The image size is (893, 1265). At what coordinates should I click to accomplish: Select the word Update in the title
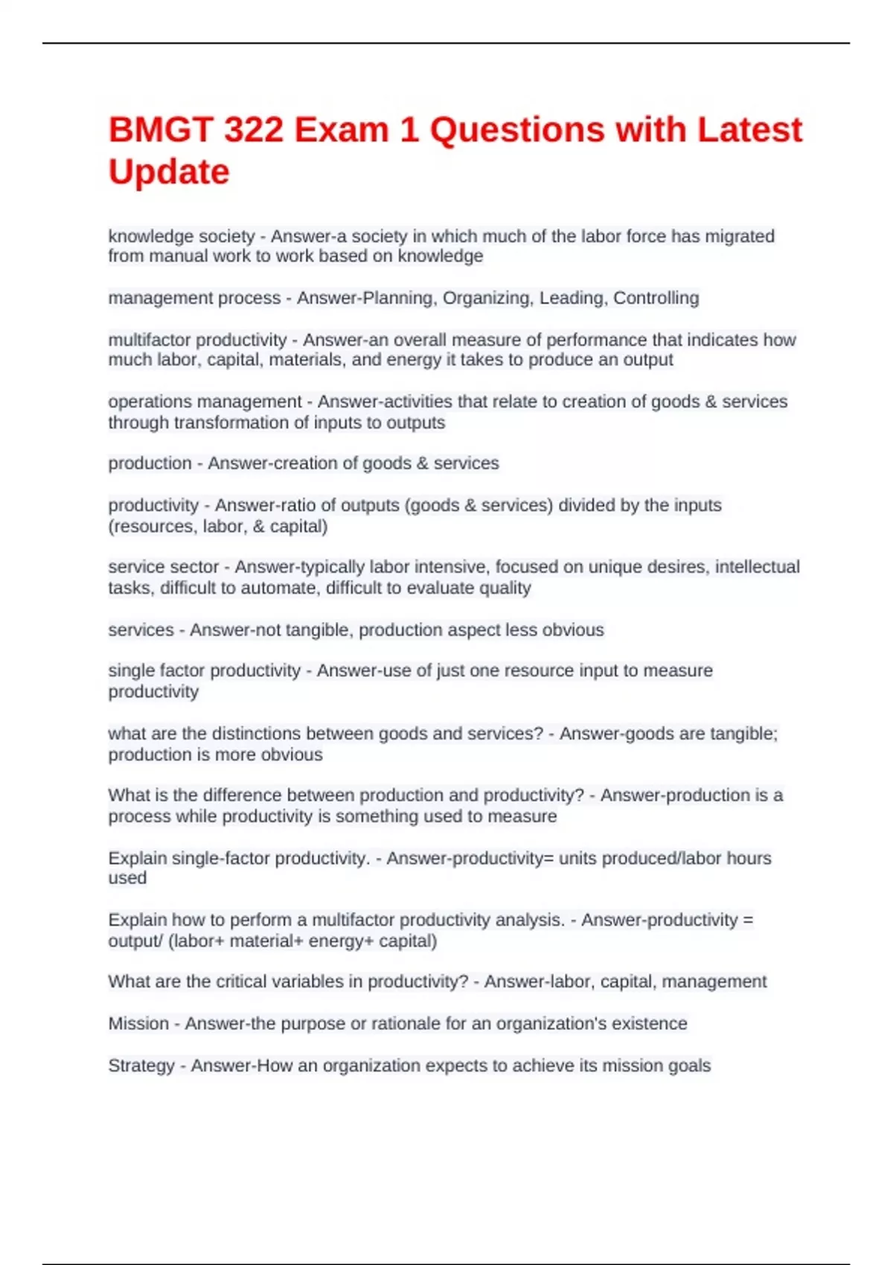169,172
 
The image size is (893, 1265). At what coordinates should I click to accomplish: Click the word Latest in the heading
749,130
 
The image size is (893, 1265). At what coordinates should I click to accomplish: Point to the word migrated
741,237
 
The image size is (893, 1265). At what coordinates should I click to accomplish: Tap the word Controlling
656,298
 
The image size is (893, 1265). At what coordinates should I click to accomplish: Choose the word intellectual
757,567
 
